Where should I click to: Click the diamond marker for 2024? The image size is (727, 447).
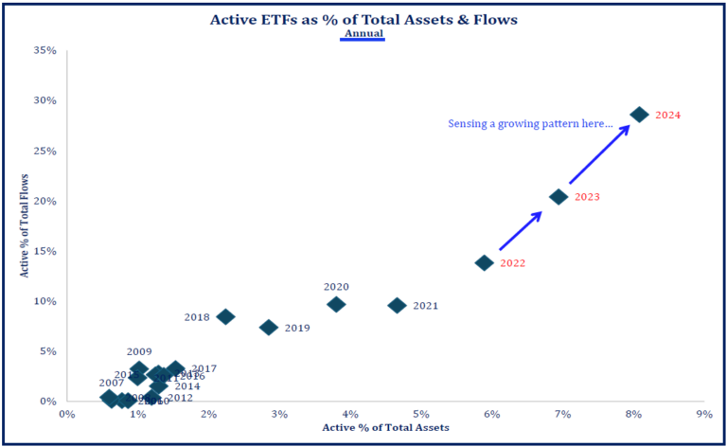click(x=639, y=115)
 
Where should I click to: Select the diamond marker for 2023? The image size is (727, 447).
click(x=559, y=197)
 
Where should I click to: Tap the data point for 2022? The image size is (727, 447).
click(x=484, y=262)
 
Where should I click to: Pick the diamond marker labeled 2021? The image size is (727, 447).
click(x=397, y=305)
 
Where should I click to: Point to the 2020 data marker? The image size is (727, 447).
click(x=336, y=304)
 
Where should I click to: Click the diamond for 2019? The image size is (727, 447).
click(x=269, y=327)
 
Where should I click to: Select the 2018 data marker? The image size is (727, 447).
click(x=225, y=316)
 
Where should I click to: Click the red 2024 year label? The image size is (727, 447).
click(x=668, y=116)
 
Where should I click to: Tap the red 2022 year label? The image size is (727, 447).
click(x=512, y=263)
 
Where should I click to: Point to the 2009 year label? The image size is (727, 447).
click(x=138, y=351)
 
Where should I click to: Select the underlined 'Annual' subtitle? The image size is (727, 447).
click(x=363, y=33)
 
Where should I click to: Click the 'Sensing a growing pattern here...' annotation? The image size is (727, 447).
click(x=530, y=124)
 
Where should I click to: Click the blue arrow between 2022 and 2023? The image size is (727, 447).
click(x=520, y=231)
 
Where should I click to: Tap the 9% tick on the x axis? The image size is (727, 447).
click(x=703, y=414)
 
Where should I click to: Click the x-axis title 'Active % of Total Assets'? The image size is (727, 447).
click(x=385, y=428)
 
